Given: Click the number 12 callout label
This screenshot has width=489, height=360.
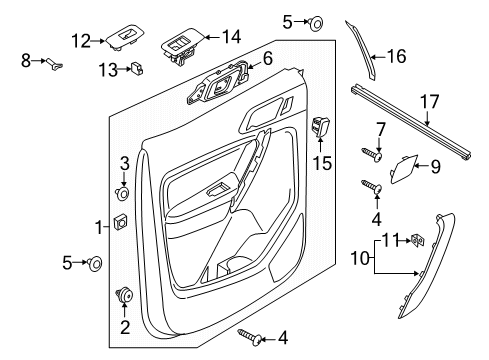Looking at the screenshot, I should pos(80,40).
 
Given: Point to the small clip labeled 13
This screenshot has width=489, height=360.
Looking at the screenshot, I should pos(138,69).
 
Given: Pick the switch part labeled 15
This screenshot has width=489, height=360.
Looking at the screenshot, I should pos(323,128).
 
